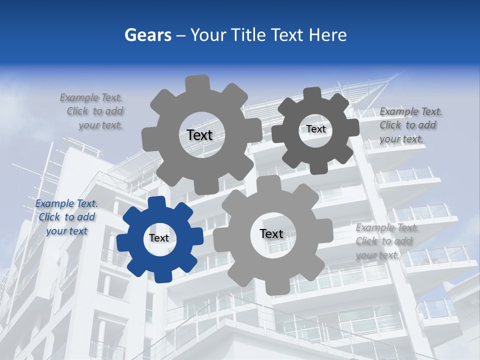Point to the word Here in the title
[327, 35]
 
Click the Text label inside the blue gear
[159, 238]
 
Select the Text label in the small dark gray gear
[316, 129]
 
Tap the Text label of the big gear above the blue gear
[199, 135]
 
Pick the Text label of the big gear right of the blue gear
[271, 233]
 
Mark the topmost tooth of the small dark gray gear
[311, 93]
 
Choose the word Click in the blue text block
[49, 217]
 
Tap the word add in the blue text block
[86, 217]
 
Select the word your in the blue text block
[57, 231]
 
